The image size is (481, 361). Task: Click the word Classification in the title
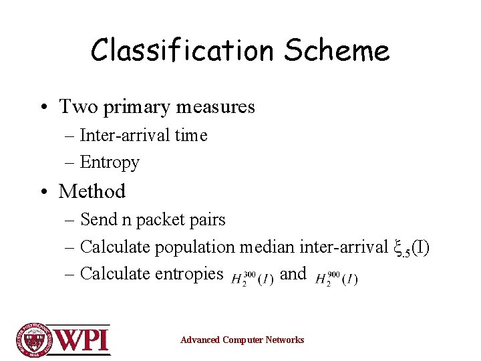coord(182,50)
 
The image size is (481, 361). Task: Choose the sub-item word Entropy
coord(110,162)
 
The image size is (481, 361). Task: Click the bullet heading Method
coord(92,191)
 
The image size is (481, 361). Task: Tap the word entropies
coord(190,273)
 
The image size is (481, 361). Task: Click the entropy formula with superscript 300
coord(252,277)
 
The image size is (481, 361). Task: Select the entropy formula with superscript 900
coord(335,277)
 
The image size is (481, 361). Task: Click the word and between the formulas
coord(293,273)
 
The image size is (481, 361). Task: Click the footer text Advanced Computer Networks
coord(242,340)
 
